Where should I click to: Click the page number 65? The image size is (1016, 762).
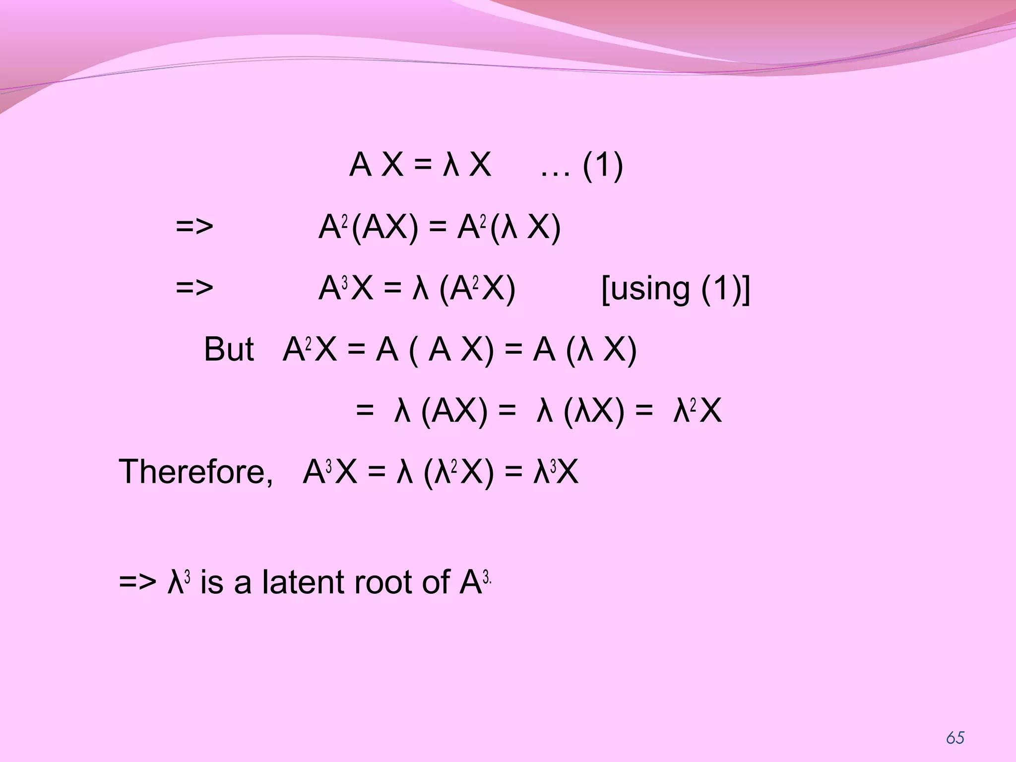click(x=955, y=738)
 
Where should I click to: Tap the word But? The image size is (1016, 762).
click(x=229, y=349)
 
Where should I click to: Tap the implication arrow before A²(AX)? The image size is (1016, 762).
click(x=194, y=228)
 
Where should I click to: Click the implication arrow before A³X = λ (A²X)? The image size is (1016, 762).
click(x=194, y=289)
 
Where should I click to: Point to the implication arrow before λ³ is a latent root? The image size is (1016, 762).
click(x=137, y=582)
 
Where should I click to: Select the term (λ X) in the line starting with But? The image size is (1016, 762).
click(x=601, y=350)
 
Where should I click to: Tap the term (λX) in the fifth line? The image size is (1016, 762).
click(x=594, y=412)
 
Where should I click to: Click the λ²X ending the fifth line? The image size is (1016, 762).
click(x=697, y=412)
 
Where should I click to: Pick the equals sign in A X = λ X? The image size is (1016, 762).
click(x=423, y=166)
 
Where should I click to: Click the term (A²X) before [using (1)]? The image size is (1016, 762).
click(x=478, y=289)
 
